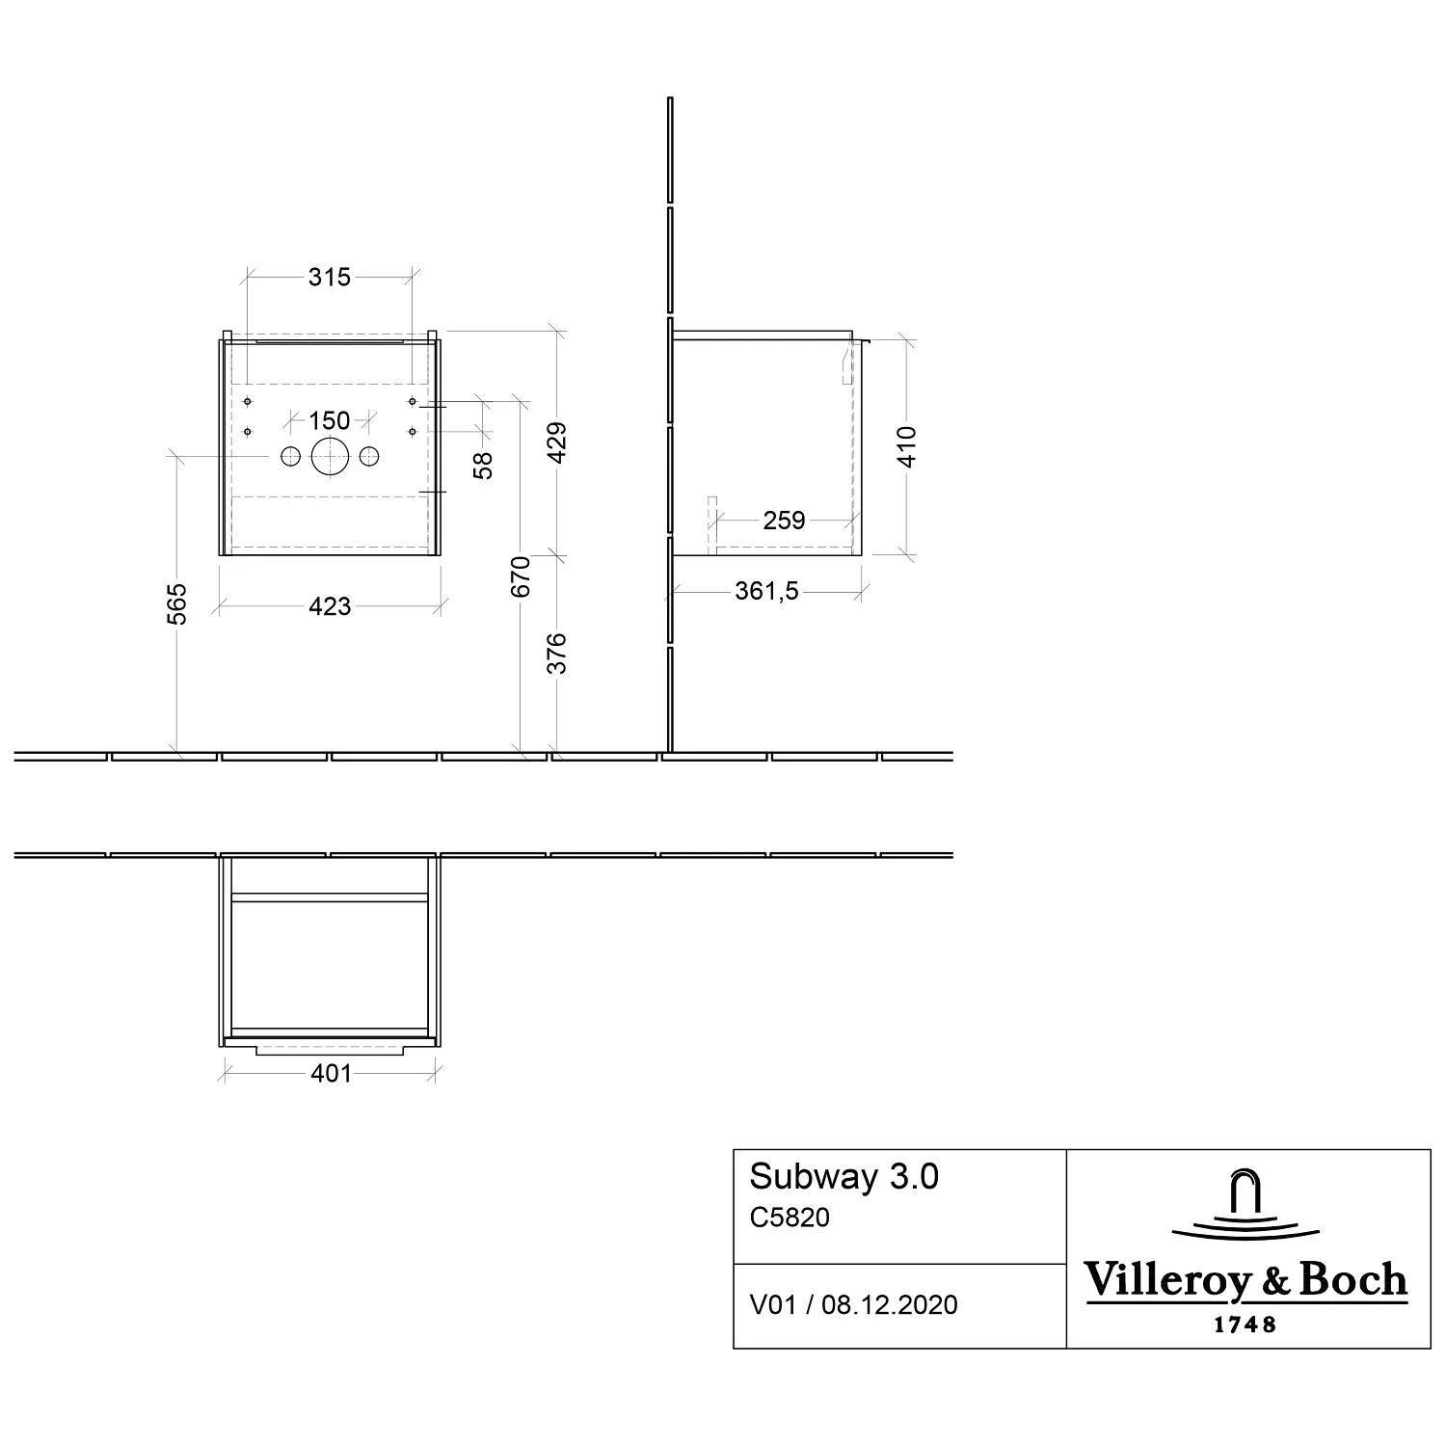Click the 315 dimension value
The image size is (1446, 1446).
[329, 277]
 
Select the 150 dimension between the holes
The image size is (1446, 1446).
[329, 420]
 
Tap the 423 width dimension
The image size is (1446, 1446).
[330, 606]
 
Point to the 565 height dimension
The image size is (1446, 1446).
[177, 602]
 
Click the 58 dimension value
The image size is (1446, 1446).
[484, 465]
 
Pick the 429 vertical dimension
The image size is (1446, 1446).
[557, 442]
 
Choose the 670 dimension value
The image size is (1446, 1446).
[521, 576]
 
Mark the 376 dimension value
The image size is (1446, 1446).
[557, 653]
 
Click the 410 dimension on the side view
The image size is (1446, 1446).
[907, 445]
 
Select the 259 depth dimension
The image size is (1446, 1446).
[784, 521]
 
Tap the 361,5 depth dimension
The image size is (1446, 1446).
[766, 591]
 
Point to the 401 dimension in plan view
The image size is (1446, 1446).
[332, 1073]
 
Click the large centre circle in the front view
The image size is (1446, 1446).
[329, 457]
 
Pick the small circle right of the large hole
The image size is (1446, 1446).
[369, 457]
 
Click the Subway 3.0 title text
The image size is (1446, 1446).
[843, 1177]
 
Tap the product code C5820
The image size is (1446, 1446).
[790, 1218]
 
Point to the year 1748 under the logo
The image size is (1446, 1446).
[1245, 1325]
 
